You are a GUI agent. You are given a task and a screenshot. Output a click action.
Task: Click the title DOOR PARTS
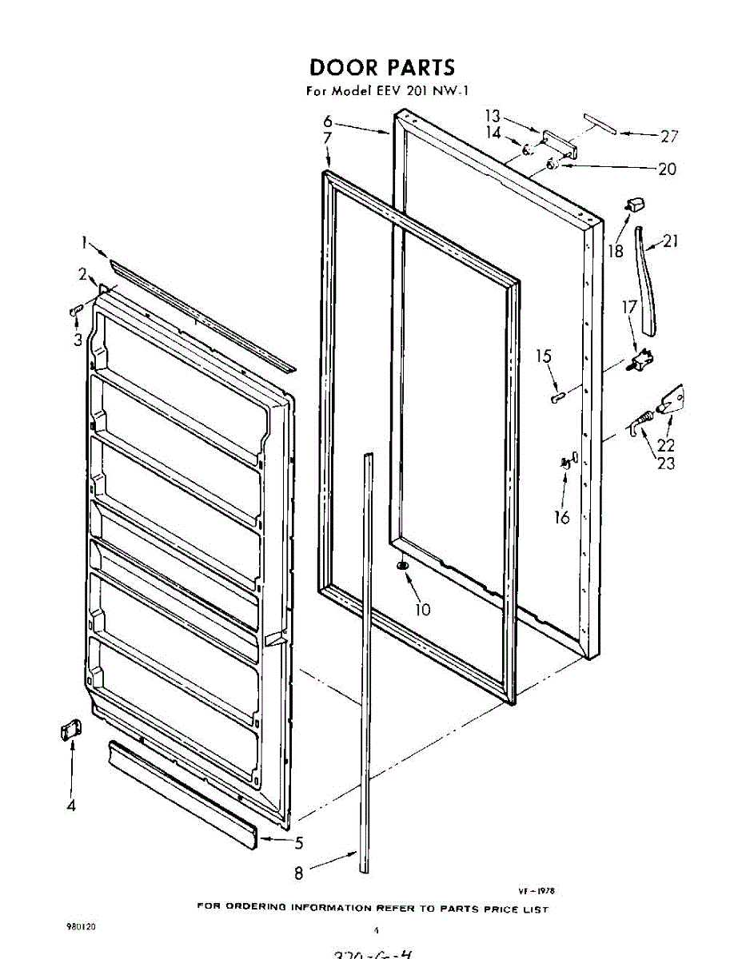pyautogui.click(x=381, y=67)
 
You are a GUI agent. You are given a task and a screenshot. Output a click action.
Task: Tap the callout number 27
pyautogui.click(x=668, y=136)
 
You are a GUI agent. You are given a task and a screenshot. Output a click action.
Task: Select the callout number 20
pyautogui.click(x=666, y=169)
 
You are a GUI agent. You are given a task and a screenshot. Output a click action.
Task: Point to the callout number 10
pyautogui.click(x=423, y=610)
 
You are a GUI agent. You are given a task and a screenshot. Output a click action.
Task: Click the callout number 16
pyautogui.click(x=562, y=517)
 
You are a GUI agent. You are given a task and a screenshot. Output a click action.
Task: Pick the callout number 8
pyautogui.click(x=299, y=873)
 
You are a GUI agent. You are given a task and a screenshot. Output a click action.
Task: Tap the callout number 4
pyautogui.click(x=71, y=806)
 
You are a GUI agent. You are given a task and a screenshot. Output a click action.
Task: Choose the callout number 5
pyautogui.click(x=299, y=842)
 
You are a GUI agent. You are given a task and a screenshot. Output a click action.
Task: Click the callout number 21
pyautogui.click(x=670, y=241)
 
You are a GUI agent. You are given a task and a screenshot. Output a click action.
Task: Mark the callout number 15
pyautogui.click(x=544, y=356)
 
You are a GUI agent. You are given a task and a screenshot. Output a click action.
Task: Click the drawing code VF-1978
pyautogui.click(x=537, y=889)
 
